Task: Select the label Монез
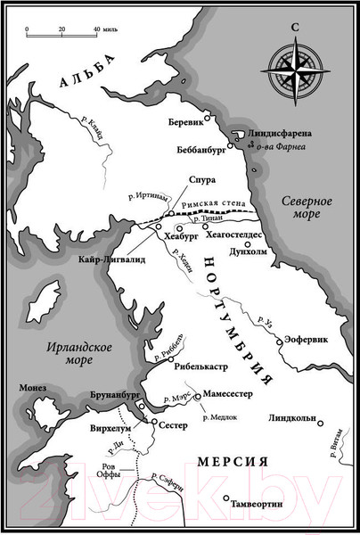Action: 33,388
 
